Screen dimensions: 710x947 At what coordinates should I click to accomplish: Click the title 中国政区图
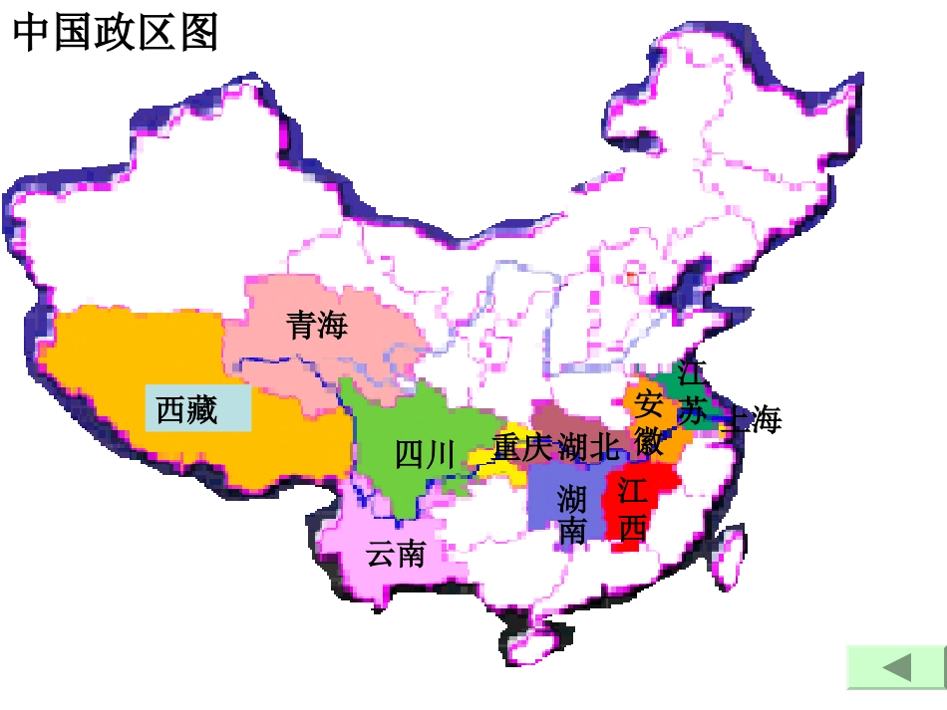click(x=115, y=33)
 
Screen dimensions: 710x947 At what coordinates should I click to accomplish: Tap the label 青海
click(x=317, y=325)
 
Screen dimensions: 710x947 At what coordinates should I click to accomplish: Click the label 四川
click(x=425, y=455)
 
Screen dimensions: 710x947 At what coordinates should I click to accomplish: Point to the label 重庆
click(x=521, y=448)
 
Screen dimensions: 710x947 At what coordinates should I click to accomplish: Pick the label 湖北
click(x=588, y=448)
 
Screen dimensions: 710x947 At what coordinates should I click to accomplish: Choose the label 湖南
click(x=572, y=514)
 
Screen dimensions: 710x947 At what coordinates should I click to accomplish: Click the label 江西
click(x=632, y=510)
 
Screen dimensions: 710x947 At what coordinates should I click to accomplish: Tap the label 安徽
click(x=649, y=423)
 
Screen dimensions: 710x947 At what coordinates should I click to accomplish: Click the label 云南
click(x=396, y=554)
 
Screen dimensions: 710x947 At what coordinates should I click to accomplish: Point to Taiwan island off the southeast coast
click(x=733, y=559)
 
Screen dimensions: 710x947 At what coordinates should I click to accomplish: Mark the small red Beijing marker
click(x=631, y=276)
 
